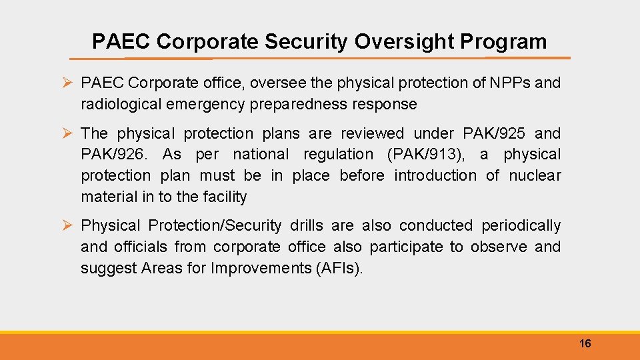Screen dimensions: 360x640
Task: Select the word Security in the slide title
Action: [306, 42]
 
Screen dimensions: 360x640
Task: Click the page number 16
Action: [585, 344]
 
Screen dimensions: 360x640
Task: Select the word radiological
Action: [121, 105]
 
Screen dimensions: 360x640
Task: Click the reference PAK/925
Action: [494, 133]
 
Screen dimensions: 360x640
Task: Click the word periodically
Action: [521, 226]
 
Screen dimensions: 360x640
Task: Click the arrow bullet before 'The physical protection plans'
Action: [67, 133]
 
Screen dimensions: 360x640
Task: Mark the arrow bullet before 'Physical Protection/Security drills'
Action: [67, 226]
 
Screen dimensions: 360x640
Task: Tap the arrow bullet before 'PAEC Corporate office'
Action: [67, 83]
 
